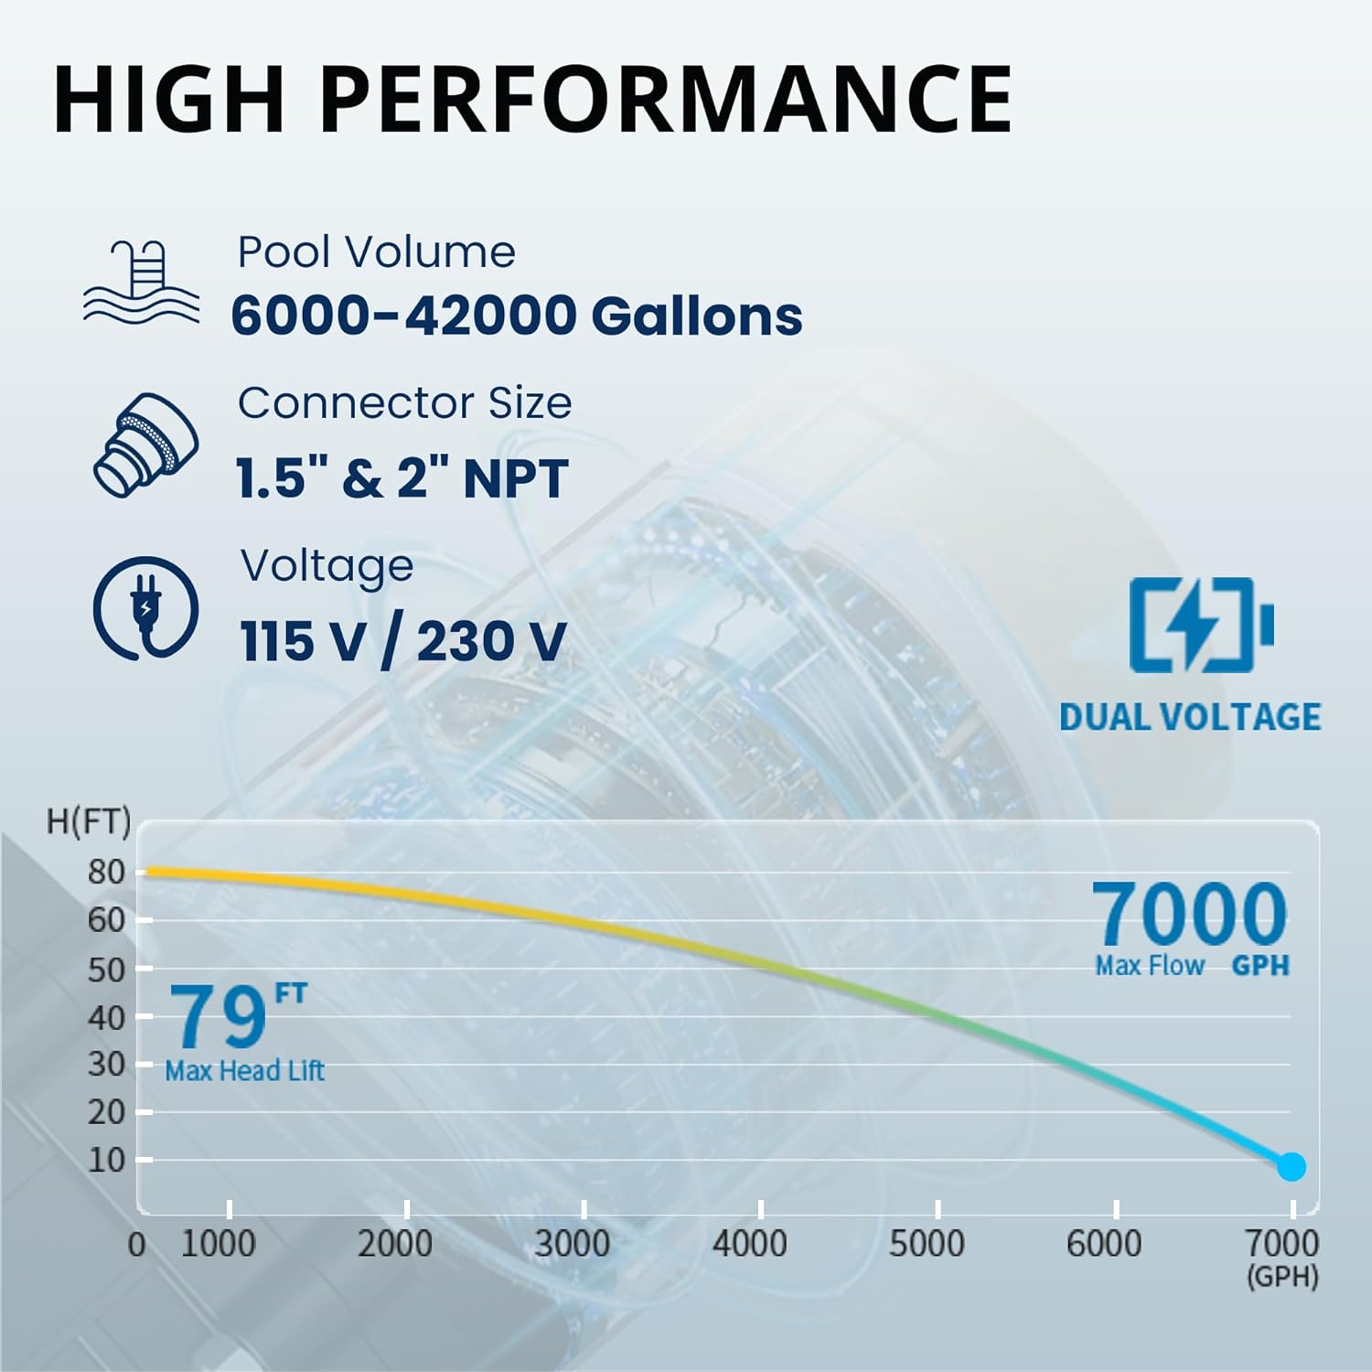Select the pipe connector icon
tap(146, 445)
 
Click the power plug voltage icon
tap(145, 608)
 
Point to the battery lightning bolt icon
tap(1200, 625)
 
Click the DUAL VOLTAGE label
tap(1190, 717)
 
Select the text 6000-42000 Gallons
tap(517, 316)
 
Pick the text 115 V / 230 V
tap(402, 641)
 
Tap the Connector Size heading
tap(404, 403)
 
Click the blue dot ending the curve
tap(1291, 1166)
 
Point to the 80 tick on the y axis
tap(106, 873)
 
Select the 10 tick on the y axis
tap(106, 1160)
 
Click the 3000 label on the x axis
tap(573, 1244)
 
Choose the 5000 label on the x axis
tap(927, 1244)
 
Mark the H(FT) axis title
tap(89, 821)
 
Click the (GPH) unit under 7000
tap(1282, 1277)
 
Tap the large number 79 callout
tap(218, 1017)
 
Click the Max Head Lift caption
tap(244, 1071)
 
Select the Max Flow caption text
tap(1150, 966)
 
